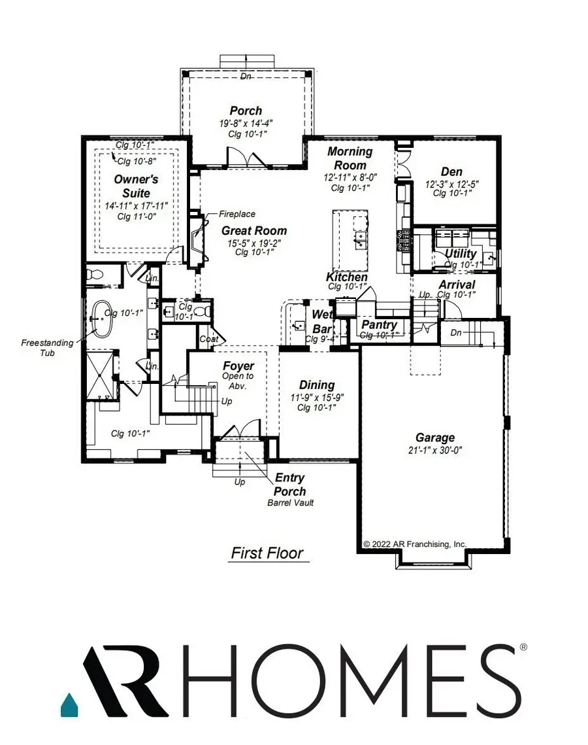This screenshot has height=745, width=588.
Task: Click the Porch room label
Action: coord(246,111)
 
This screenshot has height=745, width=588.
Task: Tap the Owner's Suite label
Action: coord(132,186)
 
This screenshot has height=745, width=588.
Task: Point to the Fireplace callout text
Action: coord(237,214)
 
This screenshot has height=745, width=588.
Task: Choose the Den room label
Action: coord(451,172)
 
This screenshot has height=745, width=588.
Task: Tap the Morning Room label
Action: coord(350,158)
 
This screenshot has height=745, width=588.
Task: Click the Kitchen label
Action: coord(347,277)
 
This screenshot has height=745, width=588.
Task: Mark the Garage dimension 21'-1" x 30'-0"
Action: coord(435,450)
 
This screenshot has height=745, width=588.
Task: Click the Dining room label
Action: coord(317,385)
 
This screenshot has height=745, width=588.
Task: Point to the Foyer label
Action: coord(238,366)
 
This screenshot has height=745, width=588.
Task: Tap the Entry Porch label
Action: coord(290,485)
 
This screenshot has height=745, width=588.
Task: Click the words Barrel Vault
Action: coord(291,503)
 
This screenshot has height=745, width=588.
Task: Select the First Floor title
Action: coord(267,553)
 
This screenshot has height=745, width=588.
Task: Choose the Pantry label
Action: coord(380,325)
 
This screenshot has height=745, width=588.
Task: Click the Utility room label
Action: coord(461,254)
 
